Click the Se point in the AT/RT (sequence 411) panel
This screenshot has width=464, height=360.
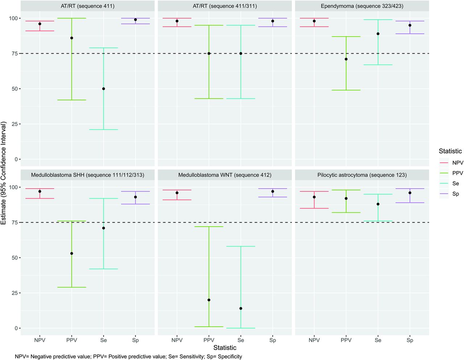click(x=104, y=89)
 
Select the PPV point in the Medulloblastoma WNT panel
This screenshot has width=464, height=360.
click(x=209, y=300)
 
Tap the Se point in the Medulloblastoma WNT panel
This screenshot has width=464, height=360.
click(x=241, y=309)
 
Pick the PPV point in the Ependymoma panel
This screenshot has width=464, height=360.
click(x=346, y=59)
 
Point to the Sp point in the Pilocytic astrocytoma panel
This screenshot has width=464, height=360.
click(x=410, y=193)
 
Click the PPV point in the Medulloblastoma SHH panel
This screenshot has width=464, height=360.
click(x=72, y=253)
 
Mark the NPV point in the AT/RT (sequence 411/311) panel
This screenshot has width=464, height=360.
click(x=177, y=21)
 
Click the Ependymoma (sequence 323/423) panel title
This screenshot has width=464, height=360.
click(x=362, y=6)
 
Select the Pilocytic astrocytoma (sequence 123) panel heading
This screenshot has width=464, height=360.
click(x=362, y=175)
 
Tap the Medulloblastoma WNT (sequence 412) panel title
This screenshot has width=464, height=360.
click(x=225, y=175)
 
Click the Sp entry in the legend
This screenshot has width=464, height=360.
click(x=456, y=194)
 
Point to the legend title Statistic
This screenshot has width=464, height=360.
click(x=450, y=151)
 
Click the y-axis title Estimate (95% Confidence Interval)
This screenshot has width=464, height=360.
click(x=4, y=173)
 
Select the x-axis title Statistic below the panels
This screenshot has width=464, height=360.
click(x=225, y=348)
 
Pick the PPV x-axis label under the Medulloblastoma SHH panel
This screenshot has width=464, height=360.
click(x=72, y=340)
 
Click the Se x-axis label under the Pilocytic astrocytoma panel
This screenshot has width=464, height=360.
click(x=378, y=340)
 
